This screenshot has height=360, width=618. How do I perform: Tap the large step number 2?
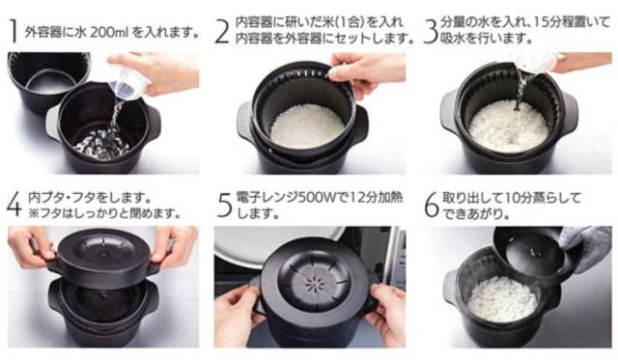pos(222,32)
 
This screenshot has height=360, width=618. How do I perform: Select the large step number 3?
pos(431,32)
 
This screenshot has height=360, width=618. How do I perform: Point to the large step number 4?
pos(14,206)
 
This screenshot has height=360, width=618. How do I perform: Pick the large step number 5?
pos(225,206)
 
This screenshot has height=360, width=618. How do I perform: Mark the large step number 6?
pos(432,206)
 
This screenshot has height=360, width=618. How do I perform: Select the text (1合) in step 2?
pos(349,22)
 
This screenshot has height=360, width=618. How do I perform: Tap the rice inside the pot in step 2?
pos(307,125)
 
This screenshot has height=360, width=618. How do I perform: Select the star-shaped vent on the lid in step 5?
pos(314,283)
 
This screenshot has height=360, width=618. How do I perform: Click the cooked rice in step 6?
pos(502,298)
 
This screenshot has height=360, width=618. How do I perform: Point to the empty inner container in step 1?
pos(49,82)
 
